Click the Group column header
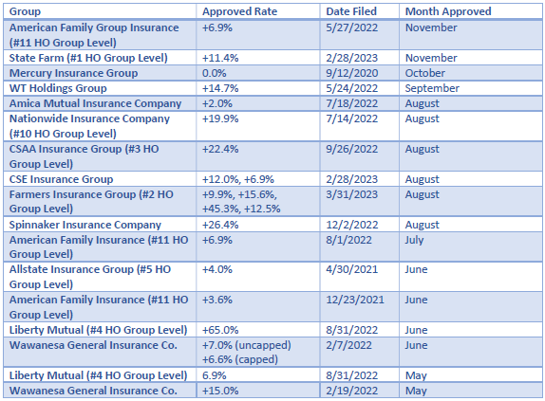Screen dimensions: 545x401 pos(25,11)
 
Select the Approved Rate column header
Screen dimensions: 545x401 pos(239,11)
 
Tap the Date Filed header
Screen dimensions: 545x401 pos(351,11)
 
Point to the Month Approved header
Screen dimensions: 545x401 pos(448,11)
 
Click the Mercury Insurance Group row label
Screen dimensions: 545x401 pos(73,73)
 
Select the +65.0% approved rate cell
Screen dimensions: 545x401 pos(220,330)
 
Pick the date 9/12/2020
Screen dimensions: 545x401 pos(351,73)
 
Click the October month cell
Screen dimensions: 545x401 pos(424,73)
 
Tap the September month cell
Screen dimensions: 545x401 pos(432,88)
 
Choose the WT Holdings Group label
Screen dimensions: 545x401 pos(58,88)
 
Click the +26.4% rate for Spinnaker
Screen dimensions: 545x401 pos(220,225)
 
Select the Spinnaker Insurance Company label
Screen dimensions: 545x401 pos(85,225)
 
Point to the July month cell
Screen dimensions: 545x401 pos(414,240)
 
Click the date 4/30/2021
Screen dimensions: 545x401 pos(351,269)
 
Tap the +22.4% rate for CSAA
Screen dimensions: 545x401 pos(220,149)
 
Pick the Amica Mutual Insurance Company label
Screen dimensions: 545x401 pos(95,103)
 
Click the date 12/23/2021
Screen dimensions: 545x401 pos(355,300)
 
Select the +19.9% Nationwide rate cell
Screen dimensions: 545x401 pos(220,118)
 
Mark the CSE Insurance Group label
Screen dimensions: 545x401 pos(61,179)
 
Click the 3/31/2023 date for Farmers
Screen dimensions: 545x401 pos(351,194)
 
